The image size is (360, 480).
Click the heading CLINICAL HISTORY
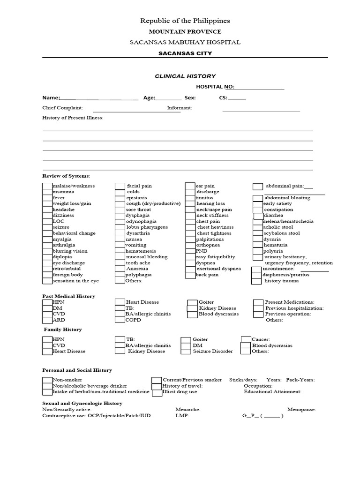click(185, 76)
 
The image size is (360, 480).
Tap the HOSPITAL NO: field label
click(215, 87)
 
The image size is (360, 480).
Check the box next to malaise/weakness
click(47, 186)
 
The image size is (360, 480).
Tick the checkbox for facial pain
click(120, 186)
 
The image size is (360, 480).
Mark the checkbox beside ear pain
click(190, 186)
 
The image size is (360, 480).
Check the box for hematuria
click(257, 245)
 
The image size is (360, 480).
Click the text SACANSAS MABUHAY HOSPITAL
click(185, 42)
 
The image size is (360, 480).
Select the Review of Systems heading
click(66, 176)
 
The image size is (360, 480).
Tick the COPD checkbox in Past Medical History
click(120, 320)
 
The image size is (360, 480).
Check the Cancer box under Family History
click(246, 339)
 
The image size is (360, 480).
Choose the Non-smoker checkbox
click(47, 380)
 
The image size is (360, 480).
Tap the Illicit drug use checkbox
click(157, 391)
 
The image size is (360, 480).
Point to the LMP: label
click(182, 415)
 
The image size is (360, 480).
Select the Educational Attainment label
click(272, 391)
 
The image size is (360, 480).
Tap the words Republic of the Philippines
click(185, 21)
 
